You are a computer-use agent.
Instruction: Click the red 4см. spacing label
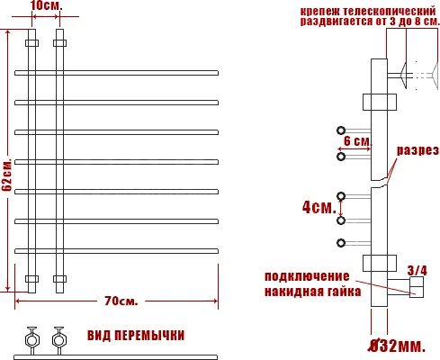315,206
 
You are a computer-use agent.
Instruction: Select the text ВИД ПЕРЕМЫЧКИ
136,336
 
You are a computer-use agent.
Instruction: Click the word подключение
305,276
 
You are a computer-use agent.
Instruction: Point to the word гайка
344,292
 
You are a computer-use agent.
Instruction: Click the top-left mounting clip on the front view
32,42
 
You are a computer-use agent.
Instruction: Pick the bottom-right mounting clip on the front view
60,278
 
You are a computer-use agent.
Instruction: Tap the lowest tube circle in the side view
341,242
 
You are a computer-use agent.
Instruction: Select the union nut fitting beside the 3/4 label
417,289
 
